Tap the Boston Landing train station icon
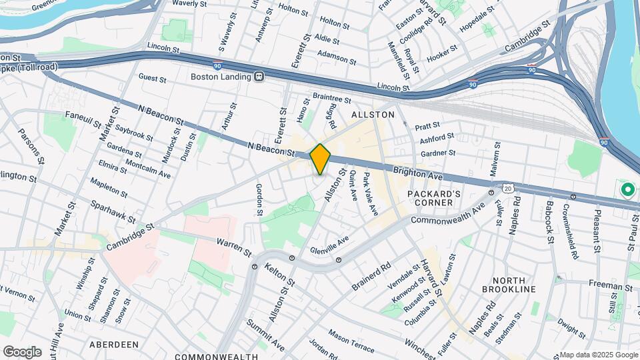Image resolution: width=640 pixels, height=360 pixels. point(260,77)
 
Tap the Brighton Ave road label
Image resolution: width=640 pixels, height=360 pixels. point(419,174)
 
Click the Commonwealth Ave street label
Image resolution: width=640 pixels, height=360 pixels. point(447,214)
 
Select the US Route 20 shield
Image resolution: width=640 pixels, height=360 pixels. point(508,190)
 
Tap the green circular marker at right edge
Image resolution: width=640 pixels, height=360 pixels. point(627,190)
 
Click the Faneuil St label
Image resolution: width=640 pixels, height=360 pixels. point(83,119)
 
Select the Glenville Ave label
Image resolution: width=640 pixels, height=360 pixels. point(329,246)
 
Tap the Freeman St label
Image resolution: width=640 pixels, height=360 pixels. point(609,286)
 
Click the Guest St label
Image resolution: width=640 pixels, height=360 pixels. point(152,78)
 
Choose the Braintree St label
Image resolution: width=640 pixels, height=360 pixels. point(331,99)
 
